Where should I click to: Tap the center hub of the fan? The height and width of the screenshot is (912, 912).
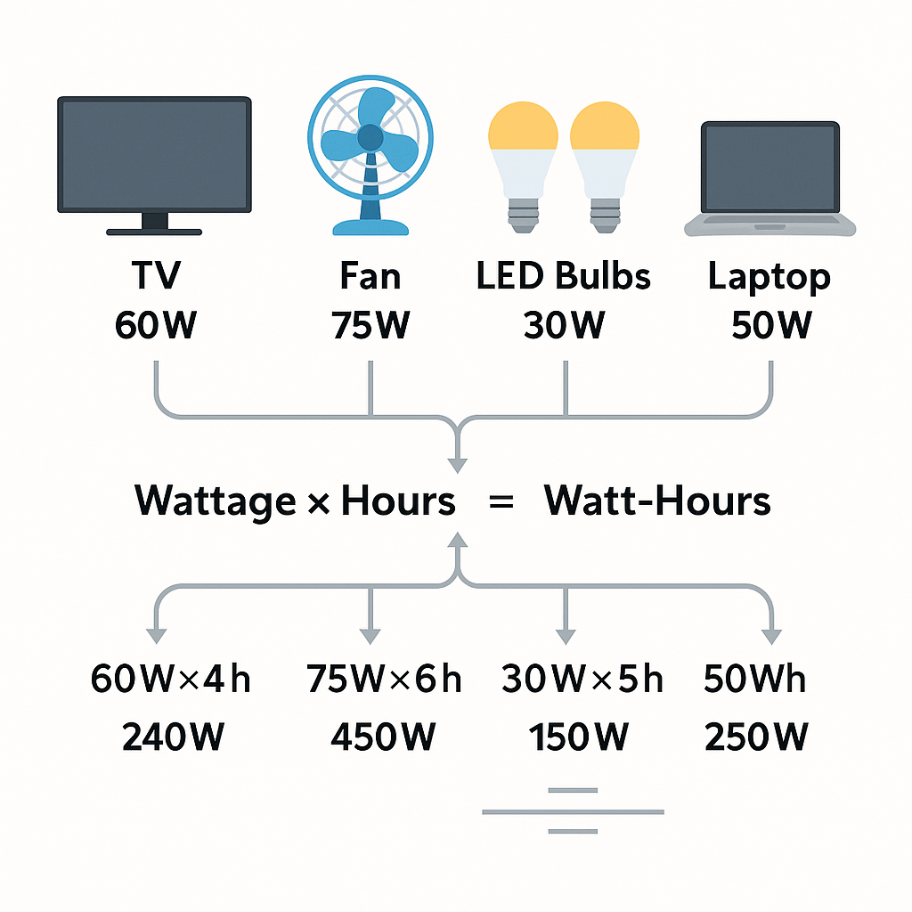click(x=370, y=138)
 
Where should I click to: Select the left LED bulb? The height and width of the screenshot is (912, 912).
click(x=523, y=167)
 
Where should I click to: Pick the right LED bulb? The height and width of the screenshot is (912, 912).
click(x=605, y=167)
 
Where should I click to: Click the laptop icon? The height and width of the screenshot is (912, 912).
click(x=770, y=178)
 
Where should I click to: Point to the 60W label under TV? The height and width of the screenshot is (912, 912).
click(x=156, y=324)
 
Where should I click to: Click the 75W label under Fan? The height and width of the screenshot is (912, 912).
click(x=370, y=324)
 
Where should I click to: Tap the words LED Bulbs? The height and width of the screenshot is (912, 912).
click(x=563, y=276)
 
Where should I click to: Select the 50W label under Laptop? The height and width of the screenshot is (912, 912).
click(x=770, y=324)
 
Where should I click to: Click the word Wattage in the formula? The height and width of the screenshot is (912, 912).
click(x=216, y=501)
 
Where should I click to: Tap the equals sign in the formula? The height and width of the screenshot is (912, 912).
click(x=501, y=501)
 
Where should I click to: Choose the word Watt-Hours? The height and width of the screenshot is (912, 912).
click(x=657, y=501)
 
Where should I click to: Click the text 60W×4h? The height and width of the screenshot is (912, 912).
click(x=170, y=678)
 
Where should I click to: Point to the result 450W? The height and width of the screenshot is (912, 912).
click(x=383, y=737)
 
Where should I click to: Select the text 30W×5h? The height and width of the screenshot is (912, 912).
click(x=582, y=678)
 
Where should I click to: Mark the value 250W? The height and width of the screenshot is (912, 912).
click(x=756, y=737)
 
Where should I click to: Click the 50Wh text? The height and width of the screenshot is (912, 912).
click(x=754, y=678)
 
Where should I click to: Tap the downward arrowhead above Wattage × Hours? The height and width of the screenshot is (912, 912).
click(x=458, y=465)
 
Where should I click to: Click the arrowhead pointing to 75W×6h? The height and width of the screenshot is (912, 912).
click(x=370, y=636)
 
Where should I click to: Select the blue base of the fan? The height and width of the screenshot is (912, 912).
click(x=370, y=227)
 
